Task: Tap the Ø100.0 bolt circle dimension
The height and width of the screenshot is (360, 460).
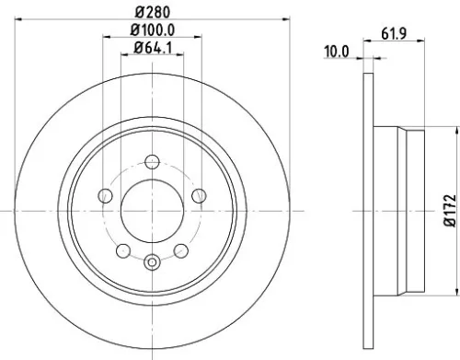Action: click(153, 31)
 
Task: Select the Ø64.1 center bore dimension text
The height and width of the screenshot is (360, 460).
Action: click(153, 48)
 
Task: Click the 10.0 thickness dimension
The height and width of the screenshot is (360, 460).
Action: click(338, 52)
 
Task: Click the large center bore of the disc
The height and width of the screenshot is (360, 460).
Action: click(153, 212)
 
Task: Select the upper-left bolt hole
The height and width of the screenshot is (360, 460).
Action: click(105, 195)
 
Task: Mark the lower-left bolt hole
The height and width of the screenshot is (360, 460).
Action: click(123, 250)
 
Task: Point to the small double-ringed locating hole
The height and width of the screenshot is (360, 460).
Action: click(153, 261)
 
